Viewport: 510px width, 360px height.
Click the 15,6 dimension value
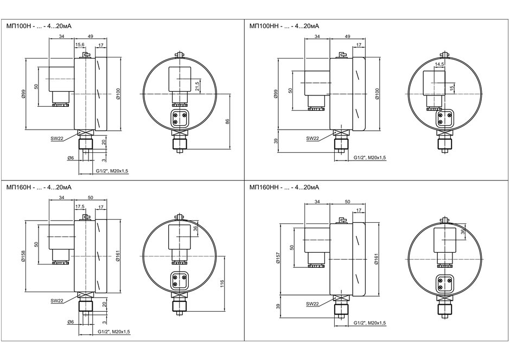tap(80, 44)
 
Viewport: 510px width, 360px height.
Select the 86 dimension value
tap(227, 121)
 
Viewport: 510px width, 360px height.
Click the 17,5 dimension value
tap(80, 207)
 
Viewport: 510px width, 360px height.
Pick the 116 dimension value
tap(222, 284)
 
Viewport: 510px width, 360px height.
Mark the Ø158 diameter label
tap(22, 256)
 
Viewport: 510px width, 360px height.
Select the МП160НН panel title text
tap(284, 188)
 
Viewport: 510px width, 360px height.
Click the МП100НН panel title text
tap(284, 26)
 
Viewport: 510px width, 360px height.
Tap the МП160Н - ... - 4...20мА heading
tap(39, 188)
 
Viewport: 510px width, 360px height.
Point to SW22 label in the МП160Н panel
tap(56, 300)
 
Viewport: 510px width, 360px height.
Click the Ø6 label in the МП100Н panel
tap(71, 158)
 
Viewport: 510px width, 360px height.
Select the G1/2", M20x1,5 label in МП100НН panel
tap(370, 158)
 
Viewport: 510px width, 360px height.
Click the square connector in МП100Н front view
tap(179, 118)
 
